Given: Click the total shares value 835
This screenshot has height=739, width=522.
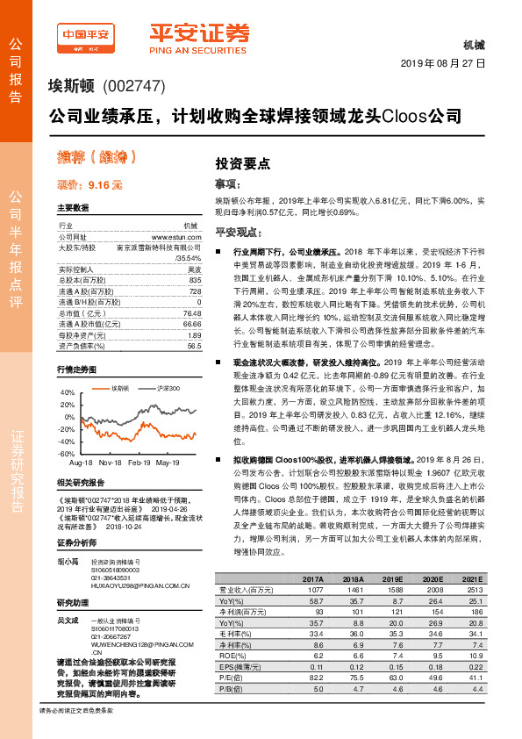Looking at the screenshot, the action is click(x=195, y=279).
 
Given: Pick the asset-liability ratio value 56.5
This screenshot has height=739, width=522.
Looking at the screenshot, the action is click(x=194, y=346).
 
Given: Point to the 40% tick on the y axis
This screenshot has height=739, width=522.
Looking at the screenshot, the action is click(x=68, y=392).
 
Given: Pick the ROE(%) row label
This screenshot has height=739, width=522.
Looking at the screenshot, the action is click(x=232, y=655).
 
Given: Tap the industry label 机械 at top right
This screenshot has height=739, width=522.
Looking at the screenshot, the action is click(x=473, y=45).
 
